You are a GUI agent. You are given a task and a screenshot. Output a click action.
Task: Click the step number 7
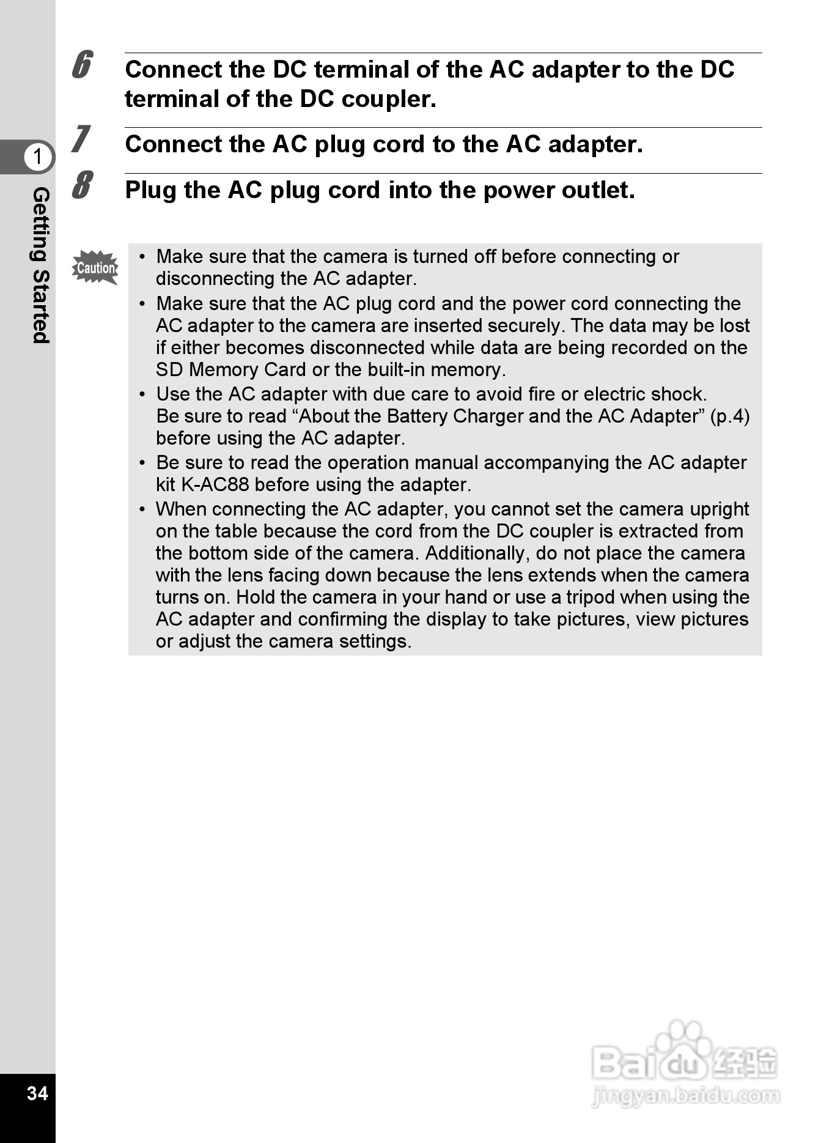pyautogui.click(x=81, y=139)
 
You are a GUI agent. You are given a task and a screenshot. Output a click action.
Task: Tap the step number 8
pyautogui.click(x=81, y=185)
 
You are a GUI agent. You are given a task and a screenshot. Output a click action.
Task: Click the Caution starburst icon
pyautogui.click(x=95, y=268)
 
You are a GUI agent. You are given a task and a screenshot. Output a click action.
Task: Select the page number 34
pyautogui.click(x=37, y=1093)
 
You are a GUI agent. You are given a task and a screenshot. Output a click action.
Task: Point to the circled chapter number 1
pyautogui.click(x=38, y=157)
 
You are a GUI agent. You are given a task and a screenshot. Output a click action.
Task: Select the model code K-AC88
pyautogui.click(x=215, y=484)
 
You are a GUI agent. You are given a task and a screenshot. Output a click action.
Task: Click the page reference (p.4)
pyautogui.click(x=730, y=416)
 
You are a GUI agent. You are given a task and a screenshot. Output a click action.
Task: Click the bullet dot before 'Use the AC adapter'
pyautogui.click(x=142, y=394)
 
